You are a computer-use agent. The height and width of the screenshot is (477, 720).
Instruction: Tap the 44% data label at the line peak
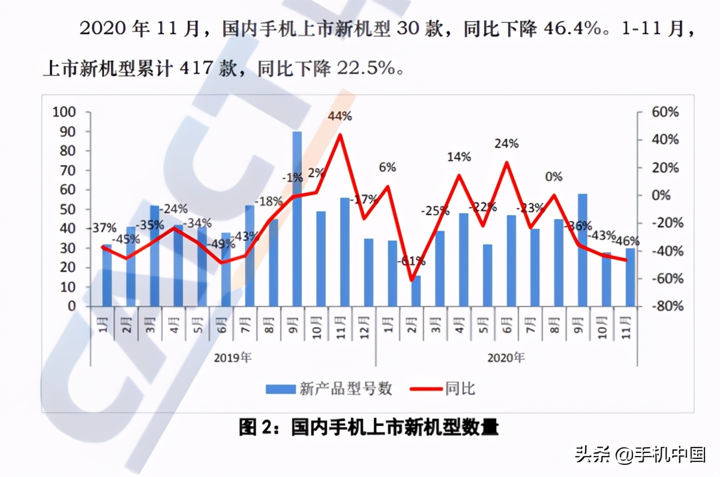340,117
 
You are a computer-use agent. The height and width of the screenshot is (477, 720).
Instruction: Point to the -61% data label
412,261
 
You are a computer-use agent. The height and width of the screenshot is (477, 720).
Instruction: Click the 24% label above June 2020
507,144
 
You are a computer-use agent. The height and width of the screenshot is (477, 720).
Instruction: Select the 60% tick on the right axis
665,112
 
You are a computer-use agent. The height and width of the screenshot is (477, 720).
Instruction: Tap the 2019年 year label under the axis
233,358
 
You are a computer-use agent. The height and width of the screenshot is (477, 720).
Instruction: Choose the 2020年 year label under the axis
506,358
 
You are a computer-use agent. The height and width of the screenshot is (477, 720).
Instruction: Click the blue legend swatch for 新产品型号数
280,389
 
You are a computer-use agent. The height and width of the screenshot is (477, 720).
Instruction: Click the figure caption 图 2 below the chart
368,428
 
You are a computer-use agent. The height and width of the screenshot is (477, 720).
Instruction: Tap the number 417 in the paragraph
194,68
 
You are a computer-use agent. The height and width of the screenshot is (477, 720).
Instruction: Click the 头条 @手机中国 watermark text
640,455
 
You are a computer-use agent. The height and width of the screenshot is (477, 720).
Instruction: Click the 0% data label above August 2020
554,177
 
